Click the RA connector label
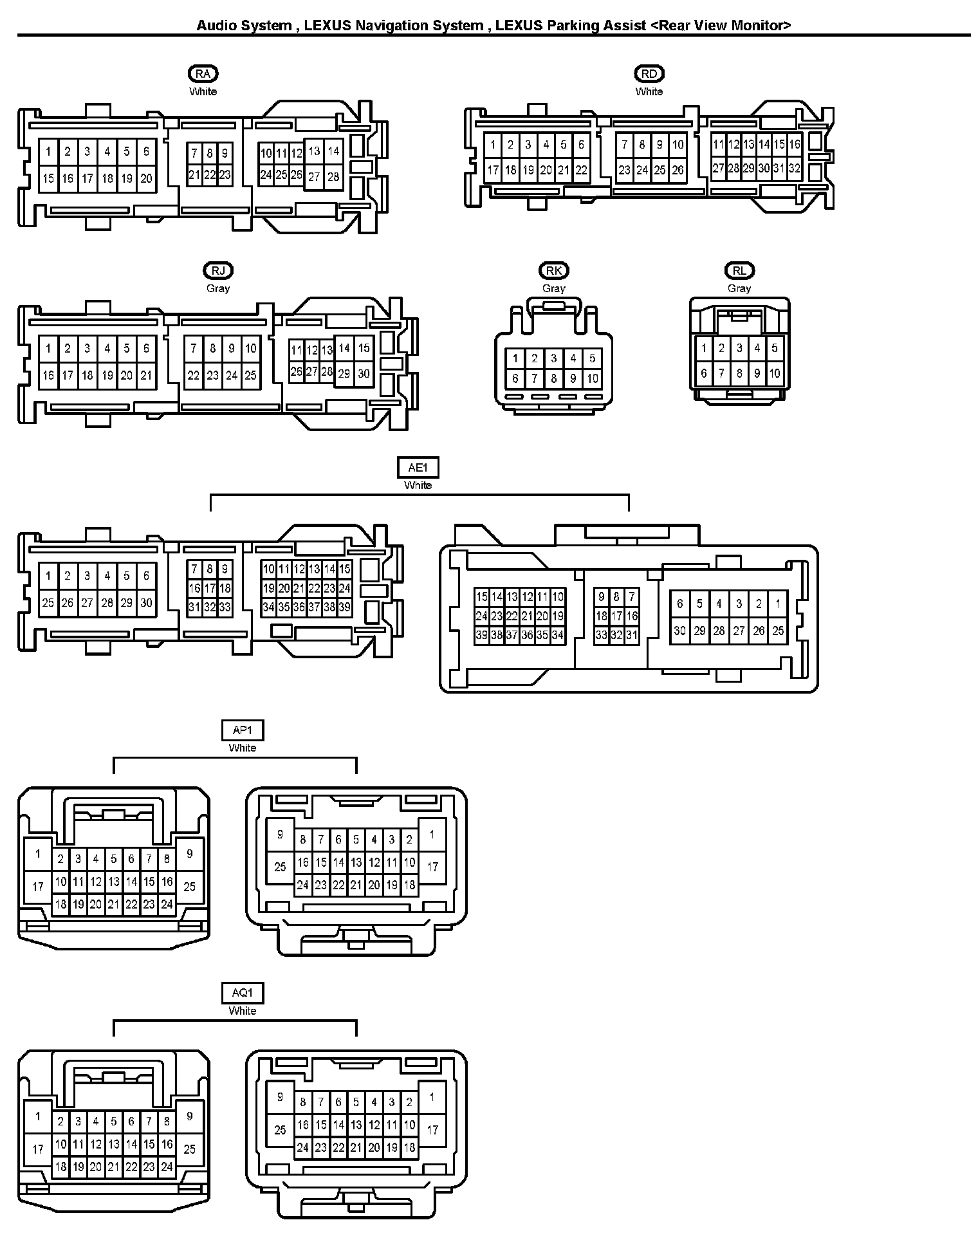click(203, 73)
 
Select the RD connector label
click(649, 73)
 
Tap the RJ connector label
click(218, 270)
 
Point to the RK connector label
click(553, 270)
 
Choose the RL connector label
click(739, 270)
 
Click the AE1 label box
click(418, 468)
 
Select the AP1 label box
click(243, 730)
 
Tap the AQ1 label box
click(243, 993)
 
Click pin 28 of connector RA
click(333, 176)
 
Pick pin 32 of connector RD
click(794, 169)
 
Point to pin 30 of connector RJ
click(364, 373)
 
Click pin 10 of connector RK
click(593, 379)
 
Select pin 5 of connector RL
click(775, 348)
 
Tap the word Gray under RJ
click(218, 288)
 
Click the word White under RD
click(649, 91)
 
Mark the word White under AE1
click(418, 485)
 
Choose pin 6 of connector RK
click(515, 379)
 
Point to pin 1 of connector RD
click(493, 145)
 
